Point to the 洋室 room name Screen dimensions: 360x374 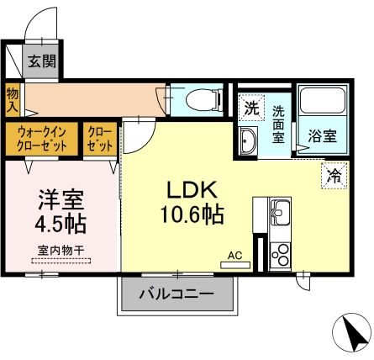coord(61,202)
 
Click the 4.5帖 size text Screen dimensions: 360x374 coord(61,225)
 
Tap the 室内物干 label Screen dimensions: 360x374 coord(61,251)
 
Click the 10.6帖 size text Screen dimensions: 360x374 coord(192,214)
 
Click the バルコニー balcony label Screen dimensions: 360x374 coord(176,294)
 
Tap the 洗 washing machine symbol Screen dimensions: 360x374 coord(251,107)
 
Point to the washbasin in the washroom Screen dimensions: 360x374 coord(248,140)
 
